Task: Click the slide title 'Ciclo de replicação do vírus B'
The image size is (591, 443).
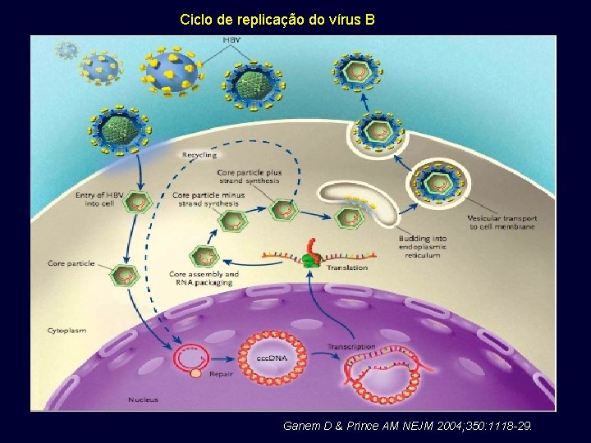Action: coord(277,17)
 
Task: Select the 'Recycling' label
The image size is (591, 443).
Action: coord(199,154)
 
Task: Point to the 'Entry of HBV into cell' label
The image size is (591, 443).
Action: coord(104,199)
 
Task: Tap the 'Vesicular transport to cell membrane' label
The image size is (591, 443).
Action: coord(502,222)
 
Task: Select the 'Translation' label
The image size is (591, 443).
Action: coord(347,267)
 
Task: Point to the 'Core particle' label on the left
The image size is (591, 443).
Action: coord(71,263)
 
